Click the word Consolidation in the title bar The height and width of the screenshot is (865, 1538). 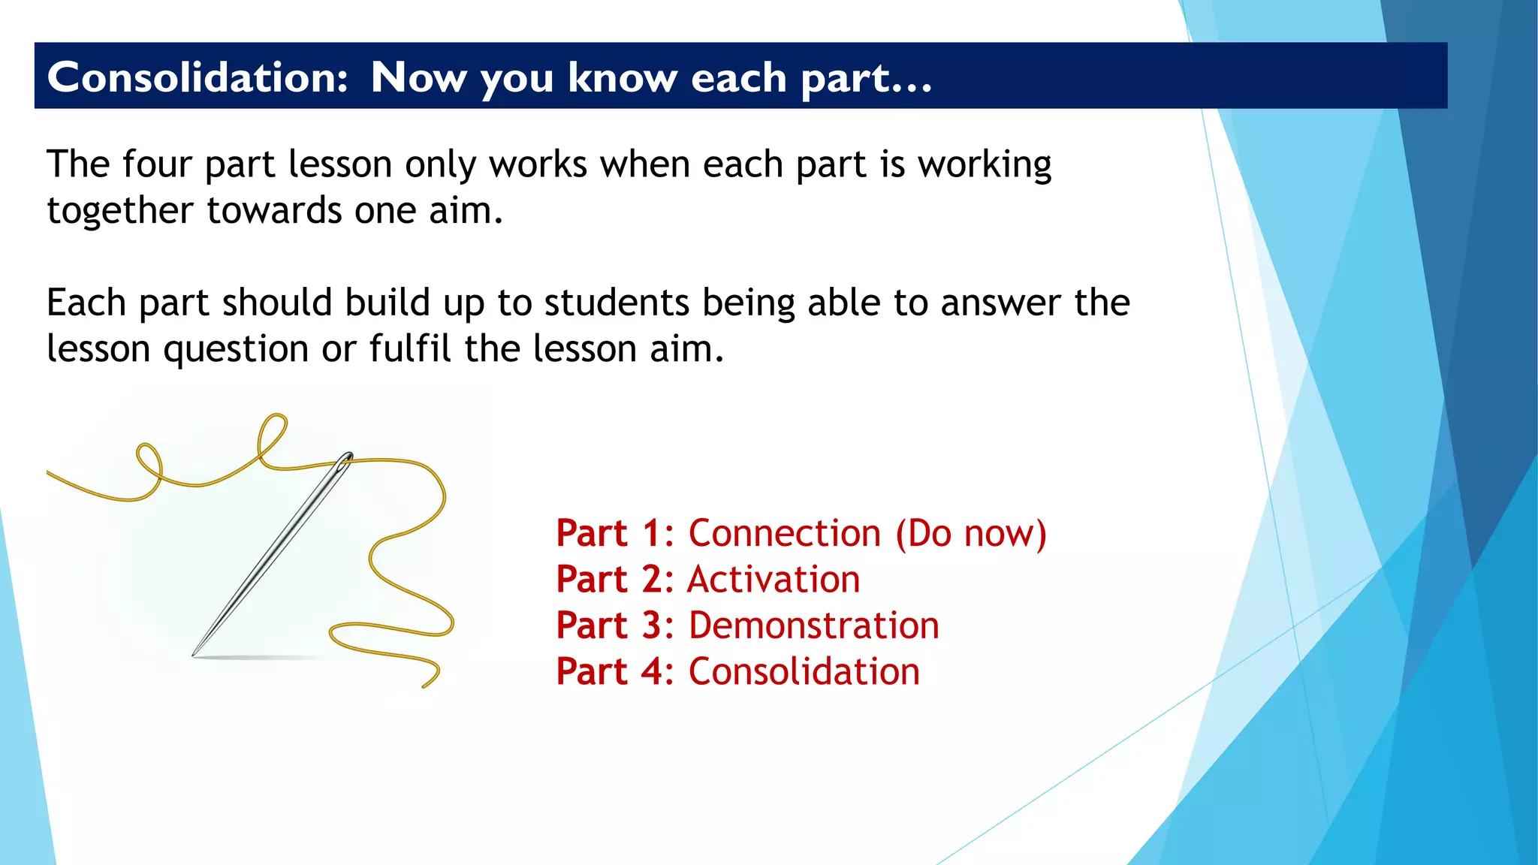tap(197, 77)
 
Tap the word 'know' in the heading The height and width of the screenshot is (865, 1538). tap(622, 77)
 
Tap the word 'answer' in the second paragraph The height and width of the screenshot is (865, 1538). tap(1000, 303)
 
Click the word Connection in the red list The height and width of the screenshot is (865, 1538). tap(784, 534)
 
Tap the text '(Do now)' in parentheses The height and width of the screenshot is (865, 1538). tap(970, 534)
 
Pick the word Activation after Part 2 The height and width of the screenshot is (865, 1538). tap(774, 580)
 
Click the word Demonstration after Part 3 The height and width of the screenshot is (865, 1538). tap(813, 626)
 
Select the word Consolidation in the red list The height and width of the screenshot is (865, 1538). tap(804, 672)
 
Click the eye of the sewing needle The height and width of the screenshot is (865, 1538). tap(346, 459)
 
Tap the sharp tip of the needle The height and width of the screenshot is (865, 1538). tap(195, 654)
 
